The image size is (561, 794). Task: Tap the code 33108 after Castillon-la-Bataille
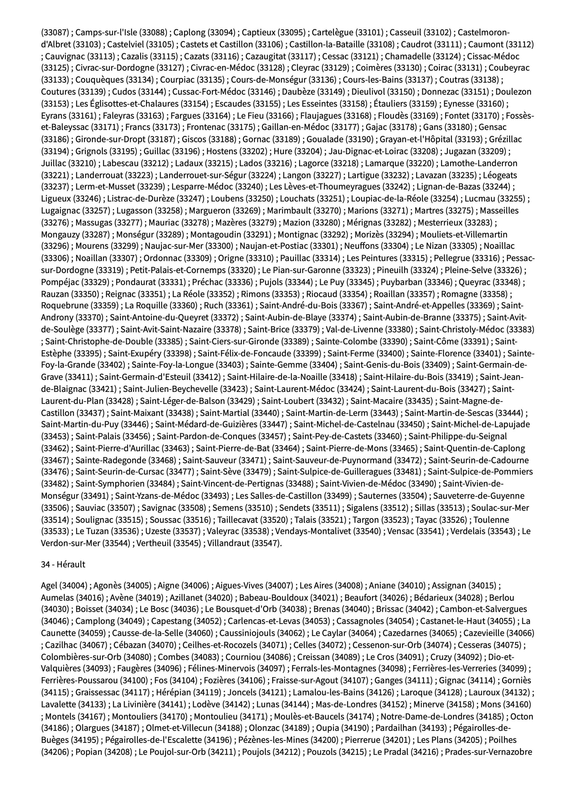pyautogui.click(x=381, y=44)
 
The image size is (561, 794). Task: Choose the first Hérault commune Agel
pyautogui.click(x=49, y=586)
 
